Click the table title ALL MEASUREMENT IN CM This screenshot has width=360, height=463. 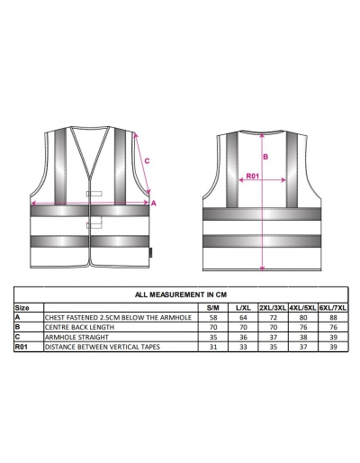click(x=181, y=295)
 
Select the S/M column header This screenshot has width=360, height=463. click(x=213, y=308)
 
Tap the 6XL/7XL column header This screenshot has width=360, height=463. click(x=333, y=308)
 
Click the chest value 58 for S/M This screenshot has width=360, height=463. click(x=213, y=317)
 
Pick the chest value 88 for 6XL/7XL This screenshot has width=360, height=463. click(x=333, y=317)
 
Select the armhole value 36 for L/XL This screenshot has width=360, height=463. click(x=243, y=337)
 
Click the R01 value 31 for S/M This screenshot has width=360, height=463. click(x=213, y=347)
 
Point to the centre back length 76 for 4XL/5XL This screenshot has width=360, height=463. click(x=303, y=327)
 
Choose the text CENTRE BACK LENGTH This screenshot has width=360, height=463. click(x=79, y=327)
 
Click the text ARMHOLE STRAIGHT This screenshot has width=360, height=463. click(x=76, y=337)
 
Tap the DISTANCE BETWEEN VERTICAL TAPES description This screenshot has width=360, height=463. click(x=103, y=347)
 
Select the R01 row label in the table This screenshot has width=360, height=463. click(x=22, y=347)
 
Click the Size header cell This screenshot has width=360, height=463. click(x=22, y=308)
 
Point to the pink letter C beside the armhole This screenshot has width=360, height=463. click(x=147, y=161)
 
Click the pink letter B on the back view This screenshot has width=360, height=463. click(x=265, y=157)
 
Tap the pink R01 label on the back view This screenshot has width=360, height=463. click(x=252, y=176)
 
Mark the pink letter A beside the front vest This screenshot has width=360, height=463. click(x=154, y=204)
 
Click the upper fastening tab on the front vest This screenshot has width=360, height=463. click(x=94, y=194)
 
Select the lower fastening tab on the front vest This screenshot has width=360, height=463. click(x=94, y=225)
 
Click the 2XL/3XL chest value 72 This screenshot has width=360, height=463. click(x=274, y=317)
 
